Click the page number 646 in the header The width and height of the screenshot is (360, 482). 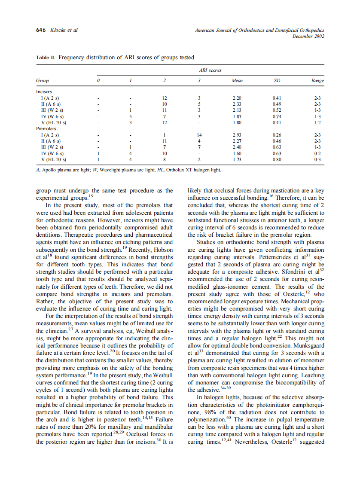click(x=41, y=30)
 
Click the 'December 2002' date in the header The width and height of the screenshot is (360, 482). click(x=308, y=37)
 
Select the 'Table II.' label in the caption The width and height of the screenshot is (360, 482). click(x=46, y=57)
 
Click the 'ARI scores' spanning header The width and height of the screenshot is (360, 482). click(x=211, y=70)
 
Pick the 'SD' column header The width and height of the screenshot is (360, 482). click(x=277, y=80)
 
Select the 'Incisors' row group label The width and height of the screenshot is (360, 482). click(x=44, y=92)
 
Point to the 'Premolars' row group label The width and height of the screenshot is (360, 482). click(x=45, y=128)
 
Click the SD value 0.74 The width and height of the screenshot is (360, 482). click(x=277, y=116)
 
